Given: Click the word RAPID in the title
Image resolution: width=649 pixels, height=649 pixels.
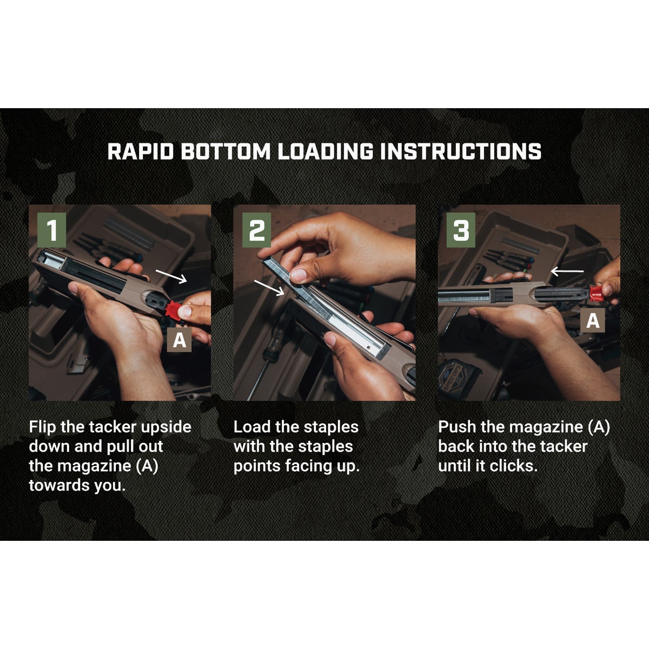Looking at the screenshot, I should point(141,151).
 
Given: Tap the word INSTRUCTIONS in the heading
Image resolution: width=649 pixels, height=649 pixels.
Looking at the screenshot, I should point(460,151).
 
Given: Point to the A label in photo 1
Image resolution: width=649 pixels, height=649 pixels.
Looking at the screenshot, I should point(179,340).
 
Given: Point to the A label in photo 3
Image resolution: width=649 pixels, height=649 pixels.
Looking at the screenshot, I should point(593,321).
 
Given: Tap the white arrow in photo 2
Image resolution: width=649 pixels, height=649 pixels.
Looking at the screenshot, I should point(269,287).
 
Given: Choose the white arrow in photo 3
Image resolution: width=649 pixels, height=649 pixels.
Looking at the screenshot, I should point(567,270).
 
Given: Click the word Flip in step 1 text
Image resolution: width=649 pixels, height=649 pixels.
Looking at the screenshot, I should point(42,427).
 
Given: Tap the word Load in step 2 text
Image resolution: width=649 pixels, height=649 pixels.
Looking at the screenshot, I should point(251,427).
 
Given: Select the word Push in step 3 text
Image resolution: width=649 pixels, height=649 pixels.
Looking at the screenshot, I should point(458,427).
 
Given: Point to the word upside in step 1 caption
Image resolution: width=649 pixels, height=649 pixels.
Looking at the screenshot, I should point(166,427).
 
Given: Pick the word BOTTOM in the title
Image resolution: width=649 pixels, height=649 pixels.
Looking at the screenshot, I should point(225,151).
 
